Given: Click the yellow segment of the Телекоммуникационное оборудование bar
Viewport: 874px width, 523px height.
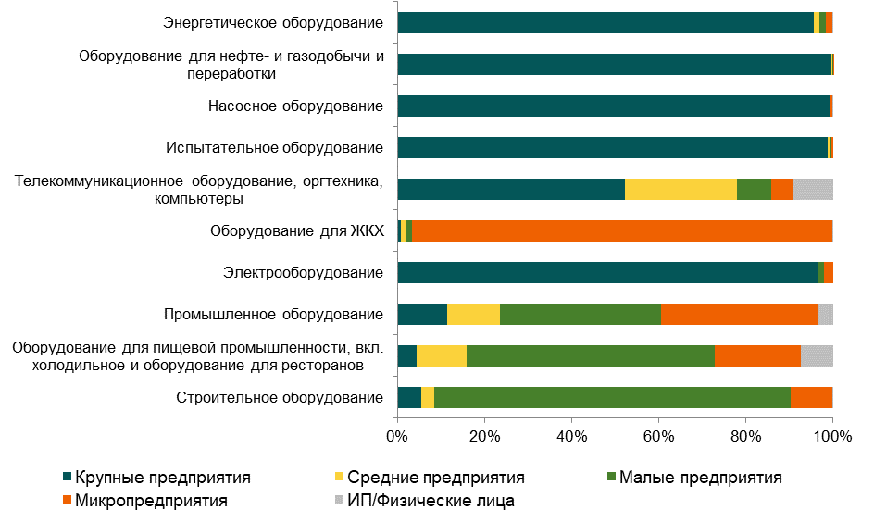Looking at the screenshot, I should click(680, 189).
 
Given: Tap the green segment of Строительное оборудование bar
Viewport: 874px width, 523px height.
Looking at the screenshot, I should click(612, 397).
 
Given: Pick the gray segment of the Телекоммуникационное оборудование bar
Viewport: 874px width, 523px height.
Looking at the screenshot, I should click(812, 189).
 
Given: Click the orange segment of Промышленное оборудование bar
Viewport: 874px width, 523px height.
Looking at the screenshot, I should click(739, 314).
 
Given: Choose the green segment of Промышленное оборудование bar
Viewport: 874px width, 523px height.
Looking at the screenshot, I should click(580, 314).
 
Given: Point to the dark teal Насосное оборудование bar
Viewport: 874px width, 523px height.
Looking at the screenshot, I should click(614, 106).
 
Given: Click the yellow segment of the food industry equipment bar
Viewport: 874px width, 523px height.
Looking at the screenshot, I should click(442, 355).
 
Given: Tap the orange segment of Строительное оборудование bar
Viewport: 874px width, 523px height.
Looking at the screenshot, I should click(811, 397).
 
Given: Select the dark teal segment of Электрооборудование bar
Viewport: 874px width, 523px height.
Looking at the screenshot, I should click(607, 272).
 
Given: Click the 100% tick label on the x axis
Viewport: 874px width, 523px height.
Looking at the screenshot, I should click(832, 434).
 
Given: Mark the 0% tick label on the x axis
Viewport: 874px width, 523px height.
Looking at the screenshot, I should click(397, 434).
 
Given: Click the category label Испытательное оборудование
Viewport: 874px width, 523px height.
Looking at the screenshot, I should click(274, 147).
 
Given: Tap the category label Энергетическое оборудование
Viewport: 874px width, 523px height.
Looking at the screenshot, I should click(273, 22).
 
